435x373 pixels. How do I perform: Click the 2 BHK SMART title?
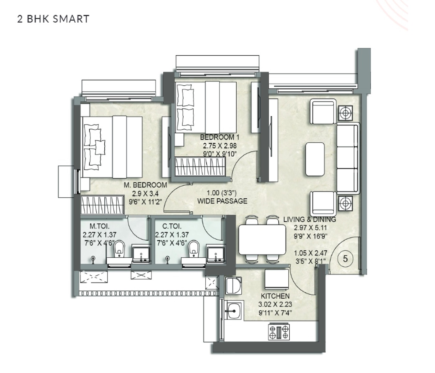click(53, 19)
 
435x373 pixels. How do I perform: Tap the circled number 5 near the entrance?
click(345, 259)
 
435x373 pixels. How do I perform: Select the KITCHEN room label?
click(275, 296)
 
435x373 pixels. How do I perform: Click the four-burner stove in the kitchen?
click(279, 332)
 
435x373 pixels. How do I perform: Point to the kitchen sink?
click(234, 311)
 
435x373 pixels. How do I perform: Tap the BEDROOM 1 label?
click(220, 137)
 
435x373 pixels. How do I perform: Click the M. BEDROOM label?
click(145, 185)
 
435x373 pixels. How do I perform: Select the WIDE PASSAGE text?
click(222, 201)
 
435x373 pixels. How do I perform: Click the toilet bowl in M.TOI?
click(119, 249)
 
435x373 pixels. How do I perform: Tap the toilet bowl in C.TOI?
click(194, 249)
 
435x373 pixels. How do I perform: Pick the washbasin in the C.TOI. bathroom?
click(216, 255)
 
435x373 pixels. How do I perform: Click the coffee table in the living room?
click(315, 159)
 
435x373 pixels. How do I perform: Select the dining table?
click(262, 239)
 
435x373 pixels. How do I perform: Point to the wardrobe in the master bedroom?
click(102, 205)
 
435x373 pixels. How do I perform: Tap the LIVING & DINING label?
click(309, 219)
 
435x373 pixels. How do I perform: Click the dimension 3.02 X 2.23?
click(275, 304)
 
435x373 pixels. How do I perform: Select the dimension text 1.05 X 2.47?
click(310, 253)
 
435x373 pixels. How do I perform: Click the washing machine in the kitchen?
click(234, 285)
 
